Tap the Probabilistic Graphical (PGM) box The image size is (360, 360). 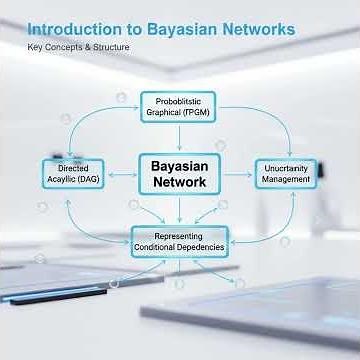click(178, 107)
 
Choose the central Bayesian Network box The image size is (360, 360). click(179, 172)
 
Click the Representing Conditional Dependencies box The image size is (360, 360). click(180, 238)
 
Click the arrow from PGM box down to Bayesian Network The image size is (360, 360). click(179, 136)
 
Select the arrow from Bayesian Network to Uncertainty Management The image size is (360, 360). click(237, 173)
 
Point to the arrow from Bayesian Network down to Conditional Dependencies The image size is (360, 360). click(180, 209)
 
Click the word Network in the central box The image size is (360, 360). click(179, 182)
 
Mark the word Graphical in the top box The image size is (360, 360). click(164, 113)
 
